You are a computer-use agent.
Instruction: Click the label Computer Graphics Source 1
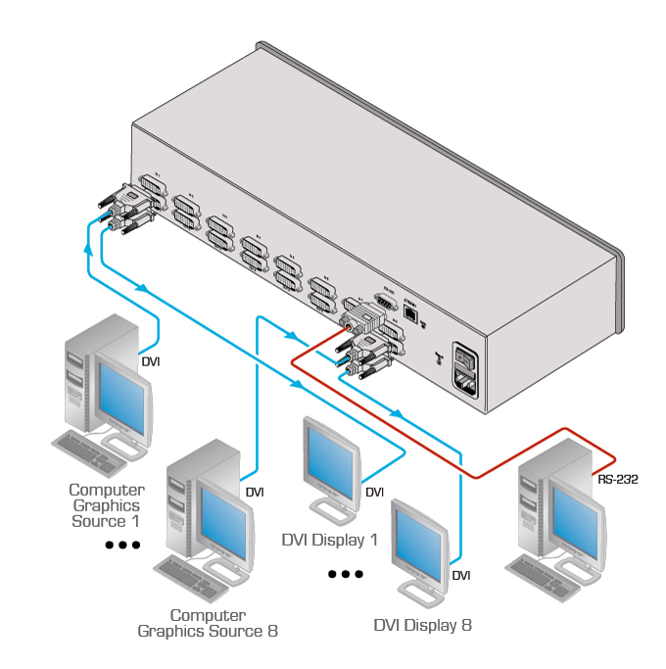click(x=107, y=504)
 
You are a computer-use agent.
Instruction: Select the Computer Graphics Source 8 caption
click(x=208, y=623)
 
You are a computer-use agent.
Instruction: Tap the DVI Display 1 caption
click(x=329, y=540)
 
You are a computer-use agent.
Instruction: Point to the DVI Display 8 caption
click(x=423, y=624)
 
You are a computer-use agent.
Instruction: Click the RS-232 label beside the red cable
click(x=616, y=480)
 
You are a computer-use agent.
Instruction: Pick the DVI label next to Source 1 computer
click(x=151, y=361)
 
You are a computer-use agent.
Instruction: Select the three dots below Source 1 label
click(x=122, y=545)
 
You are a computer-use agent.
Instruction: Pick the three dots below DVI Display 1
click(x=345, y=574)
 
